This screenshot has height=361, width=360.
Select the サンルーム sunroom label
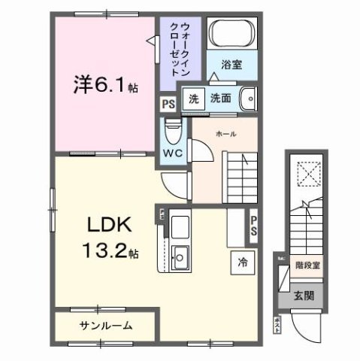pyautogui.click(x=105, y=326)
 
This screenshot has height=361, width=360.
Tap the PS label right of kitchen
pyautogui.click(x=254, y=225)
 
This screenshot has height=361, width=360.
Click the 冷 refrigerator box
pyautogui.click(x=242, y=263)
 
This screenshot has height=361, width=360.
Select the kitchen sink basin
pyautogui.click(x=180, y=257)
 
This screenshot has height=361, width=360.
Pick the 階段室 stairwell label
pyautogui.click(x=307, y=264)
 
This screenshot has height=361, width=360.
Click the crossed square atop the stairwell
pyautogui.click(x=306, y=172)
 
